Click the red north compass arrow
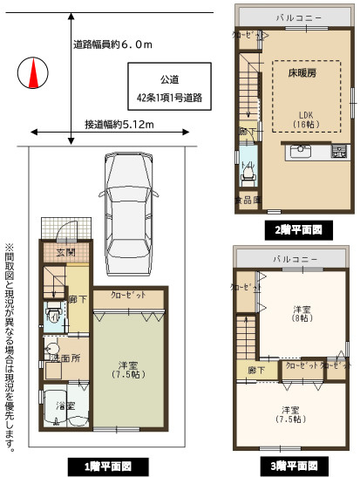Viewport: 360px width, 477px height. [x=34, y=74]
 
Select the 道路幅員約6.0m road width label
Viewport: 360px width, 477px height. [x=112, y=44]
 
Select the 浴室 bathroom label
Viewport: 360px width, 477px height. [x=65, y=406]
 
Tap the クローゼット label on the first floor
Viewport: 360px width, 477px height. [x=128, y=296]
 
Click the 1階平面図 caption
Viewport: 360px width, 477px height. [x=108, y=467]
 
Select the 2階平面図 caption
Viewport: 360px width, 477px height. [x=294, y=230]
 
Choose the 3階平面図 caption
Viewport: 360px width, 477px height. [x=294, y=465]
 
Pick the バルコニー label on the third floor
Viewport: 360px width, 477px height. [x=294, y=260]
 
